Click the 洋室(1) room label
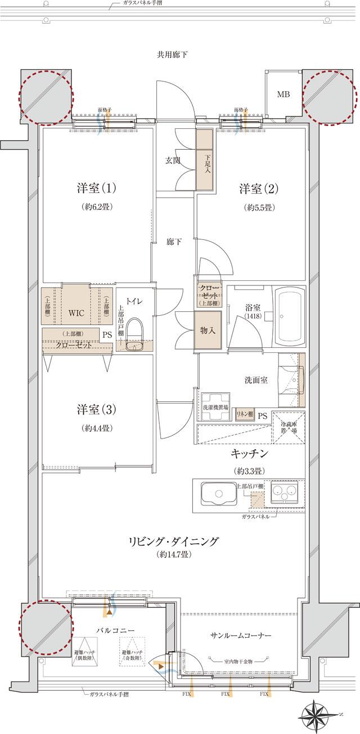point(96,187)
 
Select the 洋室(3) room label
point(96,409)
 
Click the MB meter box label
point(283,95)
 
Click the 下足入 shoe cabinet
point(204,162)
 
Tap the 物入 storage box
point(207,331)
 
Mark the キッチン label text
point(247,453)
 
